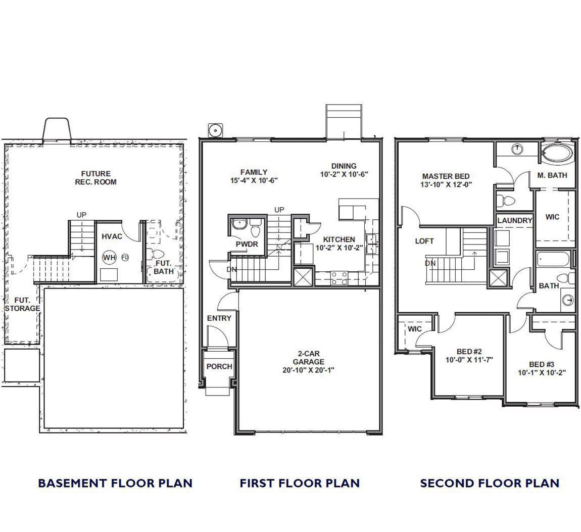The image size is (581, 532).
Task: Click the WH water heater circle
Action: point(109,258)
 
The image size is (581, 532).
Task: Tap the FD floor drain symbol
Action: point(125,257)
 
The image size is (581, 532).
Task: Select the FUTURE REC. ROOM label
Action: point(96,178)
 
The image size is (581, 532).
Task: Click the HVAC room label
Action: point(112,236)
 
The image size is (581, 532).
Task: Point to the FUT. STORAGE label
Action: point(22,304)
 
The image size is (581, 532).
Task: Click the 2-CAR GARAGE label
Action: point(309,358)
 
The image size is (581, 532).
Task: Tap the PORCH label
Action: point(219,366)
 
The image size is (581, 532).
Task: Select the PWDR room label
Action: point(247,244)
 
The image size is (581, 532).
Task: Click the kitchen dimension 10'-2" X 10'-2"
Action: point(339,248)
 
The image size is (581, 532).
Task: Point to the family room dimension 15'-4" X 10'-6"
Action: point(254,180)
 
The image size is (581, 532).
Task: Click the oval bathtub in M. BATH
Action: point(557,153)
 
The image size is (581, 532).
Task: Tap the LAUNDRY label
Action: point(515,220)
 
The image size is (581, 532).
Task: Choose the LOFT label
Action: point(424,241)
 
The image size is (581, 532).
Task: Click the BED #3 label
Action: point(542,364)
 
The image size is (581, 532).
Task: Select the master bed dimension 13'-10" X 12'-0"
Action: point(446,184)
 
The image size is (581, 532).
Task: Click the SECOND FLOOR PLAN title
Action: point(490,483)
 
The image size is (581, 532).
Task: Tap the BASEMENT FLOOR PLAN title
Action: point(115,483)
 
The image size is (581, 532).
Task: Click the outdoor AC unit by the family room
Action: point(215,130)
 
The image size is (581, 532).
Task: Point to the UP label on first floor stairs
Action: point(279,210)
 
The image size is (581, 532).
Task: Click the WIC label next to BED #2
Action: point(415,329)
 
